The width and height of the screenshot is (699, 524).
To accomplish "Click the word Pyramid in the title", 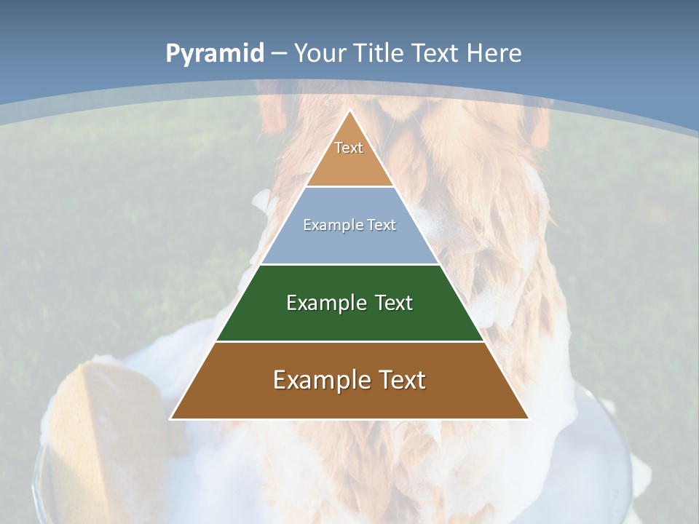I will (214, 54).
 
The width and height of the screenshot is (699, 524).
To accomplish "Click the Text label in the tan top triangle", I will (349, 148).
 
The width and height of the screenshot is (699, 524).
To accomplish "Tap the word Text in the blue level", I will (380, 225).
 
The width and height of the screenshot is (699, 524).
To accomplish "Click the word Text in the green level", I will (395, 303).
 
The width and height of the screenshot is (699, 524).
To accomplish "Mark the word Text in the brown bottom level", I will (402, 380).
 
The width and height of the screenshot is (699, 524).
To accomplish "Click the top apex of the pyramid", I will (349, 111).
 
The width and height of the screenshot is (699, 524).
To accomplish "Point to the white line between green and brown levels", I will (349, 341).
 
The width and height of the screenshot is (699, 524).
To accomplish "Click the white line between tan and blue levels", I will (349, 186).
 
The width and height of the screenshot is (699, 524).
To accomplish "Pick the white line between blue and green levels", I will (349, 264).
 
